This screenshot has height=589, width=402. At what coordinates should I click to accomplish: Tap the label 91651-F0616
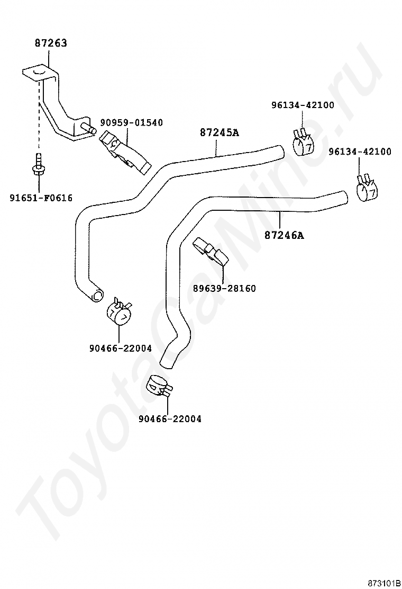[41, 198]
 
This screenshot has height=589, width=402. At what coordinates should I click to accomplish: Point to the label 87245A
[219, 132]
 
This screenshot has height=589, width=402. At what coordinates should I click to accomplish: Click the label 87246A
[284, 235]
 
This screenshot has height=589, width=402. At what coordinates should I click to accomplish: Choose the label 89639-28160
[224, 289]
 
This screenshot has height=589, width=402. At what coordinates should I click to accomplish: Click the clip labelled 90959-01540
[124, 151]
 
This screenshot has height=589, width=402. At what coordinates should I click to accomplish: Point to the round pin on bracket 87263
[89, 128]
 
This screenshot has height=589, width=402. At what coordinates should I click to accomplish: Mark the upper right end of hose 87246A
[342, 197]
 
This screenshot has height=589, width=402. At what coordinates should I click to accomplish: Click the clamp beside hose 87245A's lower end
[118, 314]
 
